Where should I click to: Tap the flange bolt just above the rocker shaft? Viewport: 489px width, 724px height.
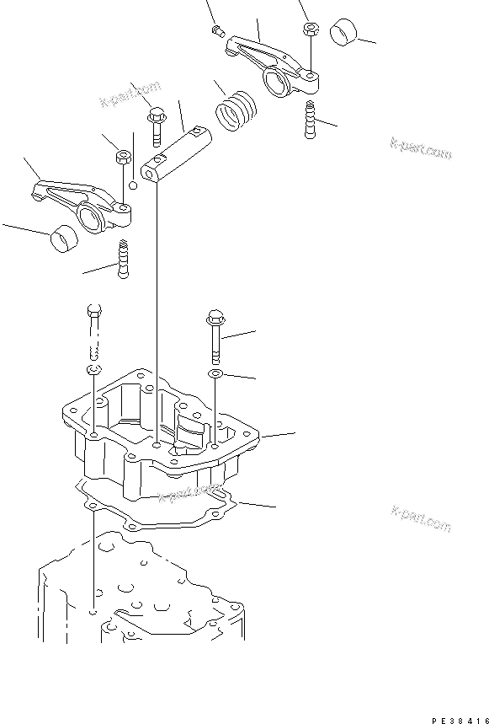click(157, 125)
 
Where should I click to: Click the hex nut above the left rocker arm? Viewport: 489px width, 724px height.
click(123, 157)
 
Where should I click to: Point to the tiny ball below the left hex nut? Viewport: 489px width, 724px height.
click(131, 185)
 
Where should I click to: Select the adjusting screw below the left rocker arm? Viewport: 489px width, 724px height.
click(125, 259)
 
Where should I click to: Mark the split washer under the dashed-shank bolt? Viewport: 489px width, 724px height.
click(93, 371)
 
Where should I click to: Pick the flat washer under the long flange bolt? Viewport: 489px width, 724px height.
click(215, 373)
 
